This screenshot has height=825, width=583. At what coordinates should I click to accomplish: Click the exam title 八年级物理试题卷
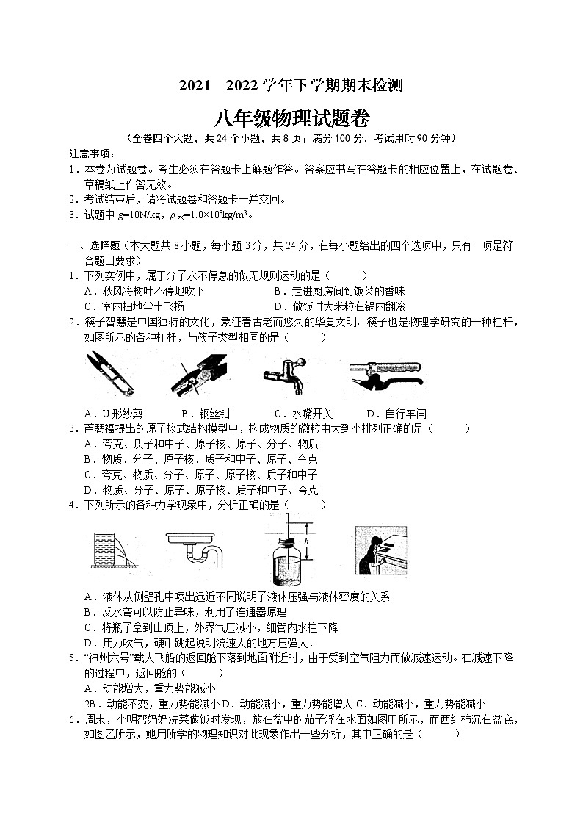pyautogui.click(x=291, y=118)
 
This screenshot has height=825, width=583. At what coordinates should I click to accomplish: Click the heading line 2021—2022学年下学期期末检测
pyautogui.click(x=291, y=85)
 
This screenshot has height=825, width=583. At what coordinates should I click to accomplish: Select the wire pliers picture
pyautogui.click(x=198, y=373)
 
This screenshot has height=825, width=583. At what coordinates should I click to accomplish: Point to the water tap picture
pyautogui.click(x=288, y=373)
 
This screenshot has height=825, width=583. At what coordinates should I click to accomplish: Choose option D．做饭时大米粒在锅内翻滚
pyautogui.click(x=339, y=306)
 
